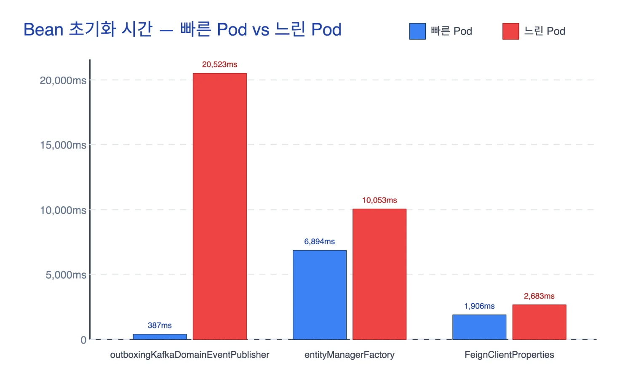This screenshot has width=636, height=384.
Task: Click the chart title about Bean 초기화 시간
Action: pos(182,30)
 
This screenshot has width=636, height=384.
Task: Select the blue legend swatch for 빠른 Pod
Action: pos(417,31)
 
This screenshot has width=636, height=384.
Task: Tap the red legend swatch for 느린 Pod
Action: pos(510,31)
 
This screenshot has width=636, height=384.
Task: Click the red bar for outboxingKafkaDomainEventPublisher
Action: pos(219,206)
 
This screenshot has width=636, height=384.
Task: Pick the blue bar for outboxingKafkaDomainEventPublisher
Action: pos(160,337)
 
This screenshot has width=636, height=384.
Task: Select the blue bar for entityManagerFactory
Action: pos(319,295)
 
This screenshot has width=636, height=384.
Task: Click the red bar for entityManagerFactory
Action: pos(379,274)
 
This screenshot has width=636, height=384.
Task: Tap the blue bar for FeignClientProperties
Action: pos(479,327)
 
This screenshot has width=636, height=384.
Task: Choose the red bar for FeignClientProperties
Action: pos(539,322)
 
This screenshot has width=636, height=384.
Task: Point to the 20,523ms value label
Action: pos(219,64)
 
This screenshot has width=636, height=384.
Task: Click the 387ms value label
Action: pos(160,325)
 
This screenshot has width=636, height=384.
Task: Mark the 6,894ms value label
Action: pos(319,242)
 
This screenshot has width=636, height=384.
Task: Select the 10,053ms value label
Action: pos(379,200)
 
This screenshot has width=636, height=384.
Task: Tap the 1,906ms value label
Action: pos(479,306)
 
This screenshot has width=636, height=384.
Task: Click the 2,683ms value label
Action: pos(539,296)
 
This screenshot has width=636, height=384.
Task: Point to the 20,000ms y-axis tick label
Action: pos(63,80)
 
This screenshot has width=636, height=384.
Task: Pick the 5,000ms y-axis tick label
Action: pos(66,275)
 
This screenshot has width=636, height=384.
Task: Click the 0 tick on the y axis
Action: pos(83,340)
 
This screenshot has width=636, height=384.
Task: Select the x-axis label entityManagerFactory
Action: pos(349,355)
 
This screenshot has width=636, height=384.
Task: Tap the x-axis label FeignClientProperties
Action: pos(509,355)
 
